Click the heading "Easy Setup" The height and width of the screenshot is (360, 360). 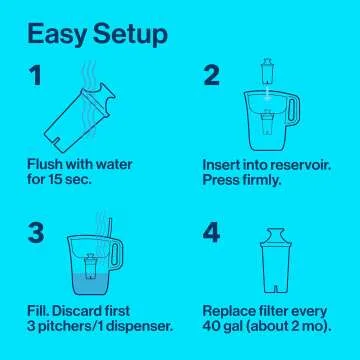click(96, 35)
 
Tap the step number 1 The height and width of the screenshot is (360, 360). click(35, 76)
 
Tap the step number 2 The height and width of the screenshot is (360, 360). click(211, 76)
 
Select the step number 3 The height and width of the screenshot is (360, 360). click(35, 234)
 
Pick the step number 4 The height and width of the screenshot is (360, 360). click(212, 234)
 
